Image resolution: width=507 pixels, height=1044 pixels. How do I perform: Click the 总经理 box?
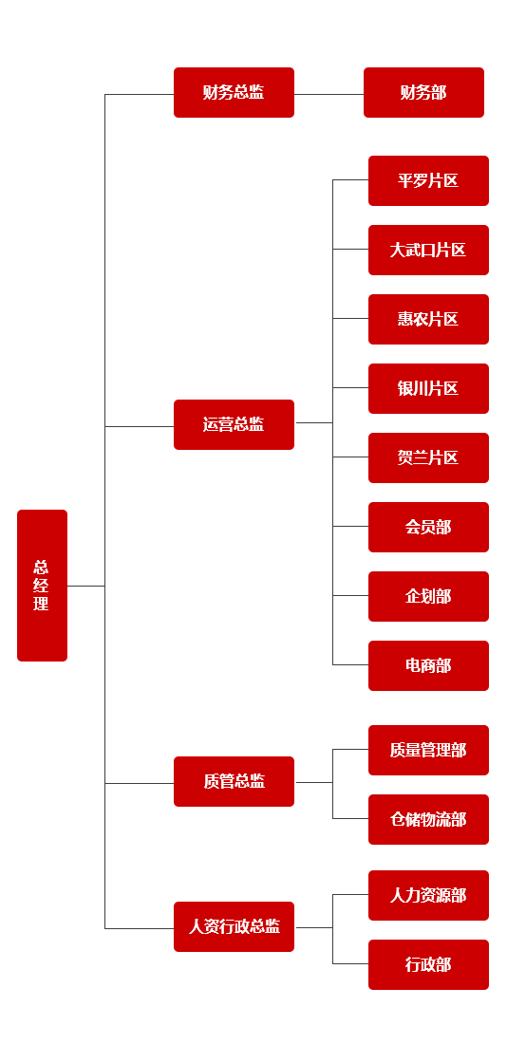[x=42, y=586]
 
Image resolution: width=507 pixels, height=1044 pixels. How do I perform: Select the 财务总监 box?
[x=234, y=93]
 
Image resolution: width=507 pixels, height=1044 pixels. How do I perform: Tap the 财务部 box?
[x=423, y=93]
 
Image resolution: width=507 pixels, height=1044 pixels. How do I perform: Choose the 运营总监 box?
[x=234, y=425]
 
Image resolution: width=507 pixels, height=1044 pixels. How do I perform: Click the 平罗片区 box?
[x=428, y=181]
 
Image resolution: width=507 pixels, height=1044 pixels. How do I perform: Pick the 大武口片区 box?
[x=428, y=251]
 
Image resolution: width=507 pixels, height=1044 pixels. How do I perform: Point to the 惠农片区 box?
[x=428, y=320]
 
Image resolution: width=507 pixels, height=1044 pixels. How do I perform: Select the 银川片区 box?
[x=428, y=389]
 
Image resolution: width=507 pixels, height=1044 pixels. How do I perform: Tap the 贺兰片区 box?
[x=428, y=458]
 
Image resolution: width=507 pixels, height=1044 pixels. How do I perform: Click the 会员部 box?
[x=428, y=528]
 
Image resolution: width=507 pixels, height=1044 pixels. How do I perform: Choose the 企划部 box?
[x=428, y=597]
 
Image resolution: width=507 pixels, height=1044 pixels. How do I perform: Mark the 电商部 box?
[x=428, y=666]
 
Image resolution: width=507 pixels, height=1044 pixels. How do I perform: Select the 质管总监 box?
[x=234, y=782]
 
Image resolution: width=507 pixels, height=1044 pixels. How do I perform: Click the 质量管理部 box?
[x=428, y=751]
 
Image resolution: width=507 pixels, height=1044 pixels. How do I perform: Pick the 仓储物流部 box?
[x=428, y=820]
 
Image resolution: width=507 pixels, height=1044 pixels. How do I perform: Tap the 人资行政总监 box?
[x=234, y=927]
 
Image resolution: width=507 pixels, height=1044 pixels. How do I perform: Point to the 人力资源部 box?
[x=428, y=896]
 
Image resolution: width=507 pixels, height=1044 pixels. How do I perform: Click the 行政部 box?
[x=428, y=965]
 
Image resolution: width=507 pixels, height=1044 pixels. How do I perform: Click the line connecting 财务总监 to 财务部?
[x=329, y=95]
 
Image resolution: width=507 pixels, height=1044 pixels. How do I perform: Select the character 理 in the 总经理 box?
[x=42, y=604]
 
